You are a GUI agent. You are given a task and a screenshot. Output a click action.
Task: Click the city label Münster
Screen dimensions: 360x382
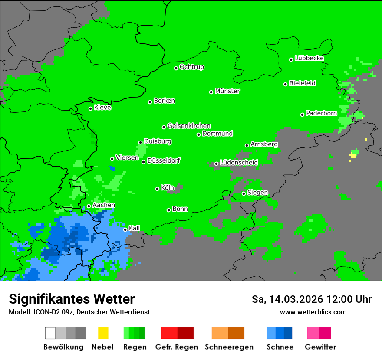pos(227,91)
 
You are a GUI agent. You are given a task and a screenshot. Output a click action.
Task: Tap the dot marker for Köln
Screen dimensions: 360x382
pos(158,189)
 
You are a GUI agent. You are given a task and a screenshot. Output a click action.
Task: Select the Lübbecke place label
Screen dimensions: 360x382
pos(309,58)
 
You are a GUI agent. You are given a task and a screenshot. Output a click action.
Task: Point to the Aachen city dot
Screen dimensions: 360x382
pos(89,206)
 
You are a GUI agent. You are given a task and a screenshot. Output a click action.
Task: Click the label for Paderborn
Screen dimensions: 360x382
pos(321,113)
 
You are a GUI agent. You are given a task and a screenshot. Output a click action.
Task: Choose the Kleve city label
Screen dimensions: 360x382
pos(102,108)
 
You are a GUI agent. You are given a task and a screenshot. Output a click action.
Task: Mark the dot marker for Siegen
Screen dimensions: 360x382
pos(244,193)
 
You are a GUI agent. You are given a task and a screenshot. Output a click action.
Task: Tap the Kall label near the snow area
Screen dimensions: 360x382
pos(134,228)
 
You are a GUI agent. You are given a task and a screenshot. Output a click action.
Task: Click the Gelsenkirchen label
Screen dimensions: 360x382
pos(189,126)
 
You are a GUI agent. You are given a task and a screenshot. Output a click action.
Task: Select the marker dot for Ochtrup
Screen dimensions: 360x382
pos(176,68)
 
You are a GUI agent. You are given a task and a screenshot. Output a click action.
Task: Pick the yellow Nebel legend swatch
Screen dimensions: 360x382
pos(103,333)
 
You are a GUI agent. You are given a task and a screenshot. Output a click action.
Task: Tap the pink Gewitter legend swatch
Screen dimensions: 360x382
pos(313,333)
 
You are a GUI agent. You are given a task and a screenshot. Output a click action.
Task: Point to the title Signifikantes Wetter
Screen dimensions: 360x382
pos(72,299)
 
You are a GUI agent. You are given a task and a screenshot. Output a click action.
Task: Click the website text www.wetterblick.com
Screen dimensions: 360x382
pos(313,312)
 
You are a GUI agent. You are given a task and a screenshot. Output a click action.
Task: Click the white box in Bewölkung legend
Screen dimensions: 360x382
pos(50,333)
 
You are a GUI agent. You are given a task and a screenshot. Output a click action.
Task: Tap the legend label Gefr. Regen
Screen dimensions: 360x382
pos(177,347)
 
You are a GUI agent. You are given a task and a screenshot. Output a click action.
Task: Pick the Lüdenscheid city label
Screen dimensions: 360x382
pos(239,163)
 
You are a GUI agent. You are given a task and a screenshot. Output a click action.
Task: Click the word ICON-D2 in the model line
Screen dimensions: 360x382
pos(44,312)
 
